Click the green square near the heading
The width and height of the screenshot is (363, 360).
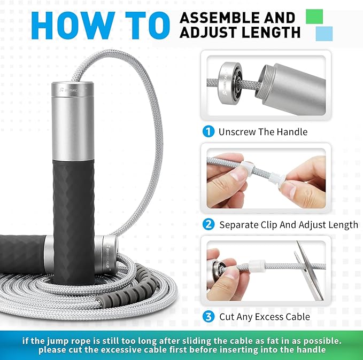click(315, 16)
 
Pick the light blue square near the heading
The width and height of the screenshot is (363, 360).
click(324, 34)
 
